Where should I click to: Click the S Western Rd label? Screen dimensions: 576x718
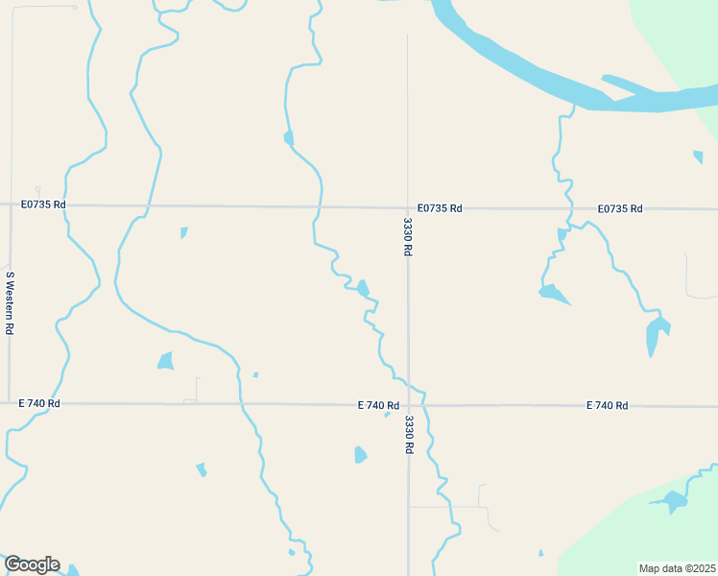pyautogui.click(x=10, y=302)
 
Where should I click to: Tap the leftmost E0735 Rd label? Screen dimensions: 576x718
pyautogui.click(x=43, y=204)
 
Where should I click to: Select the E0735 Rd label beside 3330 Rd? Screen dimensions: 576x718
pyautogui.click(x=440, y=207)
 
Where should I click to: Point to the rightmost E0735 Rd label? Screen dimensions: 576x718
pyautogui.click(x=619, y=208)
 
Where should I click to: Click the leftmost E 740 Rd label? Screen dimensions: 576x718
pyautogui.click(x=39, y=404)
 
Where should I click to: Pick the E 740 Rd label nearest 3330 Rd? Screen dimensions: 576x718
pyautogui.click(x=378, y=405)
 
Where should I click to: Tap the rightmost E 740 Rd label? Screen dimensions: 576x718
pyautogui.click(x=607, y=406)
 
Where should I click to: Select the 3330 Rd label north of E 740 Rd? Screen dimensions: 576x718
pyautogui.click(x=408, y=236)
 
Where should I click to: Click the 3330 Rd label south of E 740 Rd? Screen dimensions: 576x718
pyautogui.click(x=409, y=434)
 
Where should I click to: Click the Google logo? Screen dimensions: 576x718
pyautogui.click(x=32, y=564)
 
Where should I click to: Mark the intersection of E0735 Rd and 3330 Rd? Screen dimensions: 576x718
pyautogui.click(x=408, y=207)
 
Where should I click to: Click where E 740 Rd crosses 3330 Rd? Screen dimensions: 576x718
pyautogui.click(x=409, y=405)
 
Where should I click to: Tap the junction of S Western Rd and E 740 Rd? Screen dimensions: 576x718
pyautogui.click(x=10, y=404)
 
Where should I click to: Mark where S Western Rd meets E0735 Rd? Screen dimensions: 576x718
pyautogui.click(x=11, y=204)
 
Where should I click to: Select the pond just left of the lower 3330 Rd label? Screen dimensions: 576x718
pyautogui.click(x=360, y=454)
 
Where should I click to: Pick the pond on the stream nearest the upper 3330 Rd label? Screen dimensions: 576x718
pyautogui.click(x=363, y=288)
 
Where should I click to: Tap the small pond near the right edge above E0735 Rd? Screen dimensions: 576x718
pyautogui.click(x=698, y=156)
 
